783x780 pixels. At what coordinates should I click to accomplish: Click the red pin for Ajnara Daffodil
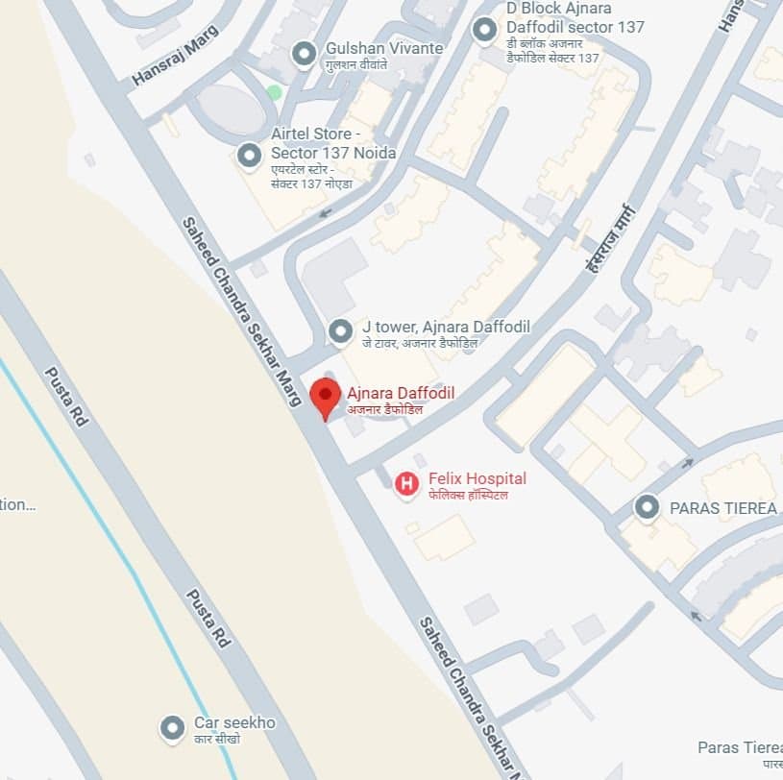coord(326,396)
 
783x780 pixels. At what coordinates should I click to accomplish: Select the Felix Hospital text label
coord(477,479)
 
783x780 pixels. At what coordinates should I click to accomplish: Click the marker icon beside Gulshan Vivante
coord(305,54)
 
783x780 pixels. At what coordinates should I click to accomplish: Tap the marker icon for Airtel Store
coord(249,155)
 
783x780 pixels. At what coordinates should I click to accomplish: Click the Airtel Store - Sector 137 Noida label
coord(332,145)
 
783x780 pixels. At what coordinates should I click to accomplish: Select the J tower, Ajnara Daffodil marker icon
coord(340,331)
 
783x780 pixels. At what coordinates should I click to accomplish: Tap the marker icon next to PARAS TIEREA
coord(647,507)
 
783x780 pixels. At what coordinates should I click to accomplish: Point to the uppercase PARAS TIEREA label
coord(722,508)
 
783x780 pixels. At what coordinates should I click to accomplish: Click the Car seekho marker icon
coord(172,728)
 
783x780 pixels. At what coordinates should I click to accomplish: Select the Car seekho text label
coord(234,722)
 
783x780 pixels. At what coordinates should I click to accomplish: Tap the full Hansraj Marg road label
coord(176,55)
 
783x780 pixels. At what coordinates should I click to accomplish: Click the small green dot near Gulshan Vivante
coord(275,92)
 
